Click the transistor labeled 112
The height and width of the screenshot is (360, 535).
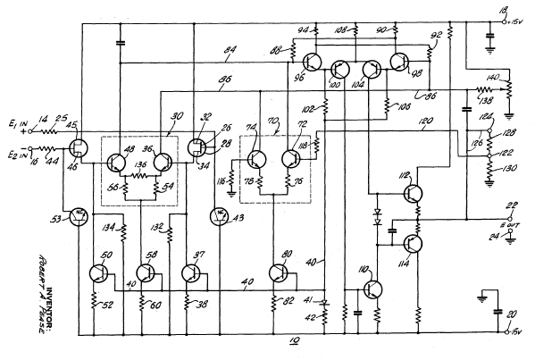pyautogui.click(x=414, y=191)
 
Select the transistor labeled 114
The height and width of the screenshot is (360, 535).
pyautogui.click(x=414, y=244)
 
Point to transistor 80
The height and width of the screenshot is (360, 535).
pyautogui.click(x=277, y=273)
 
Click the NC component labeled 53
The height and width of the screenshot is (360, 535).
pyautogui.click(x=79, y=217)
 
